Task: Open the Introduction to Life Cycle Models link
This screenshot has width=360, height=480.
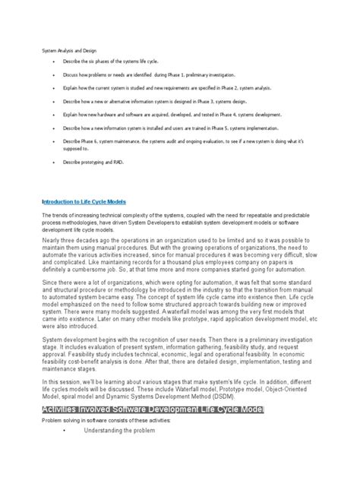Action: point(83,203)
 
